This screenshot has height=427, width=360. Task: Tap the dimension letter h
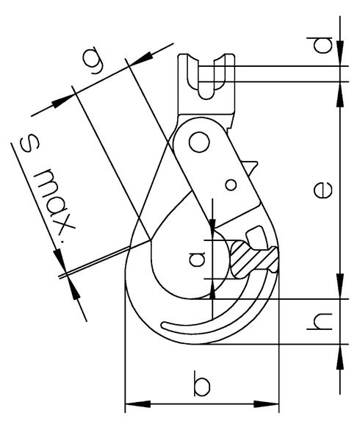pyautogui.click(x=322, y=320)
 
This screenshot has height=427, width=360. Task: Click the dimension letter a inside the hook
pyautogui.click(x=196, y=259)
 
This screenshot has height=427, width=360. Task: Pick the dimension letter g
pyautogui.click(x=93, y=64)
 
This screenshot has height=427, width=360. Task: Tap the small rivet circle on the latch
pyautogui.click(x=231, y=184)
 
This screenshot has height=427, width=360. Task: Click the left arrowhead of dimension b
pyautogui.click(x=133, y=403)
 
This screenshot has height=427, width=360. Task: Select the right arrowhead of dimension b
pyautogui.click(x=272, y=403)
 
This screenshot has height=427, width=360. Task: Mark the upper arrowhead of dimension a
pyautogui.click(x=212, y=225)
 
